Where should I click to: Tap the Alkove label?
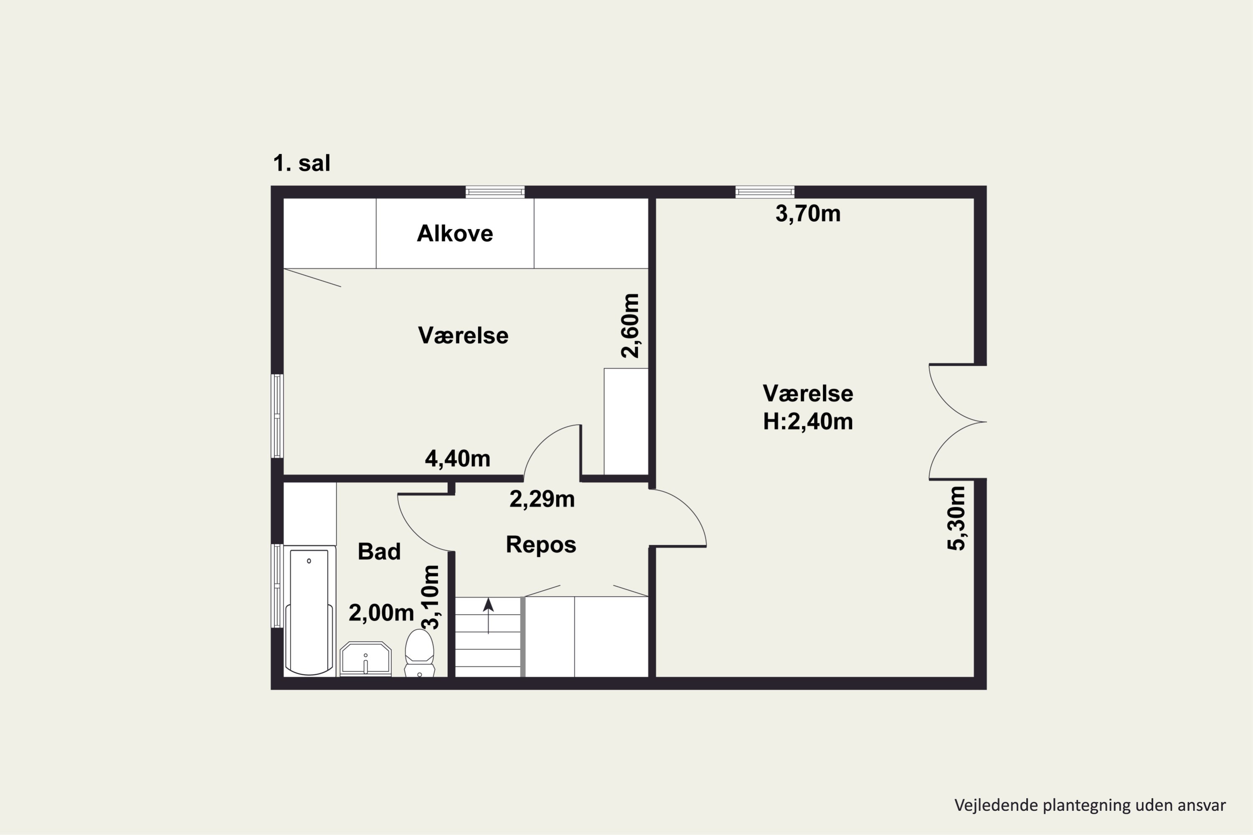click(x=455, y=233)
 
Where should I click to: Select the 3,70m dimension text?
click(x=808, y=213)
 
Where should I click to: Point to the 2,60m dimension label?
click(x=630, y=325)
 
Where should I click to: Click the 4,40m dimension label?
click(x=458, y=458)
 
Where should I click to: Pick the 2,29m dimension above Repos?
click(x=542, y=499)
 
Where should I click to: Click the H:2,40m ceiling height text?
click(x=808, y=421)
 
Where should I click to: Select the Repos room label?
click(x=541, y=545)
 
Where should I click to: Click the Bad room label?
click(x=379, y=552)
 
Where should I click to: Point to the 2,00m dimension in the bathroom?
click(x=381, y=613)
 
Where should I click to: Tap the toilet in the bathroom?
click(x=419, y=653)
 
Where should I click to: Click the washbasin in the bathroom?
click(x=365, y=659)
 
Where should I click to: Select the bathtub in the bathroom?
click(x=309, y=611)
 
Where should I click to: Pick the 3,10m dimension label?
click(x=431, y=597)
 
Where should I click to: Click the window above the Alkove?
click(x=495, y=192)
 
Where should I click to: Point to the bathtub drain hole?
click(x=309, y=561)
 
